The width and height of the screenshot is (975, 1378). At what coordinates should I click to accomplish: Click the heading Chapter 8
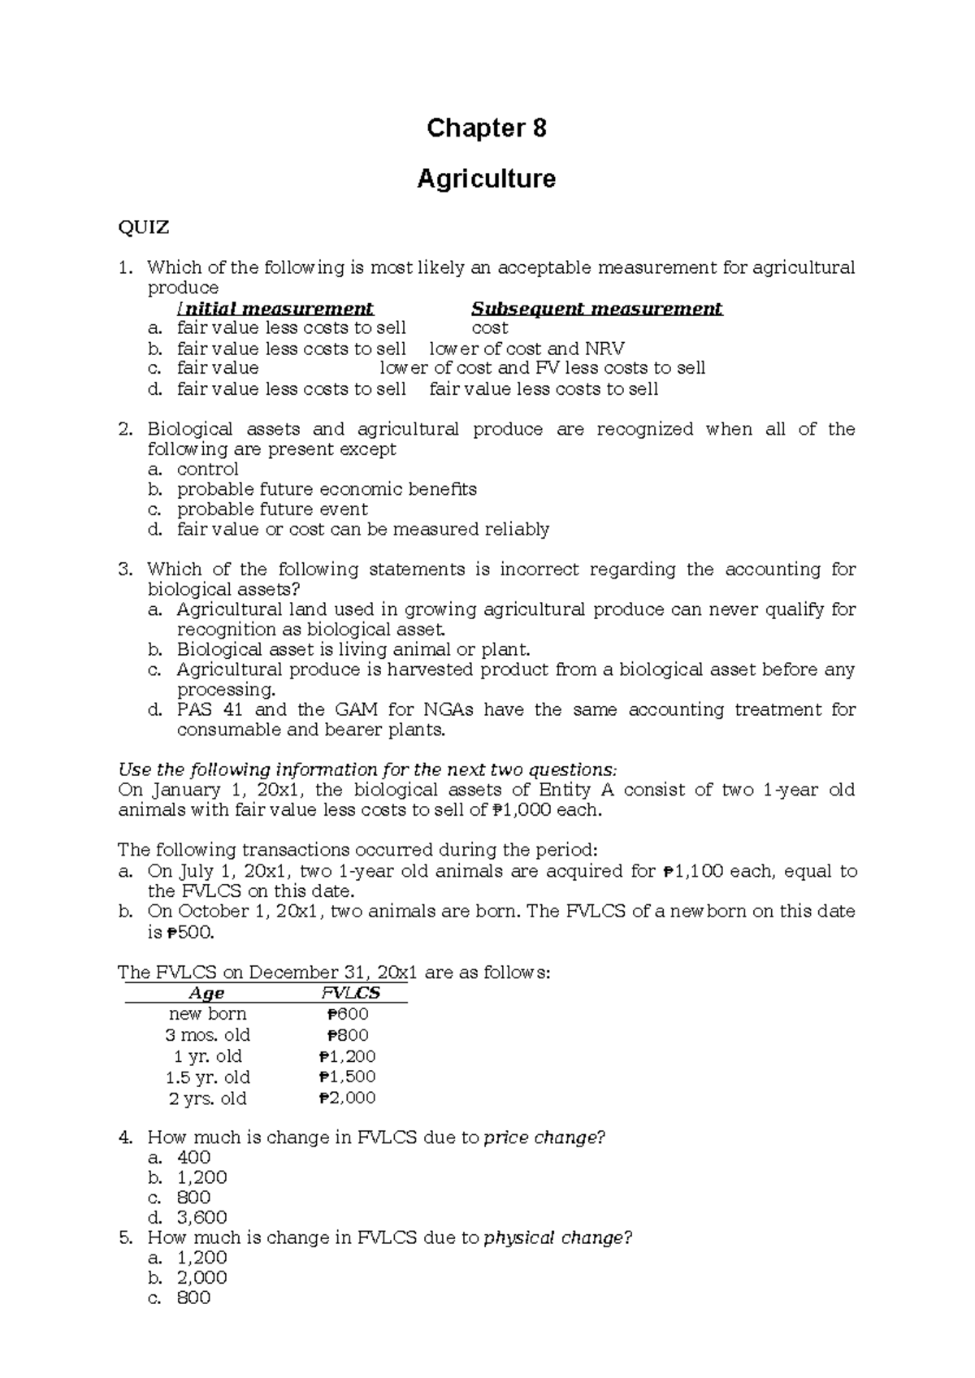pyautogui.click(x=486, y=128)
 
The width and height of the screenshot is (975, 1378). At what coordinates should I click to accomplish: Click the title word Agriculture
pyautogui.click(x=486, y=179)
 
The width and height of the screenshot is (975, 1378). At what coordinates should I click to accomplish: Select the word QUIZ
pyautogui.click(x=144, y=227)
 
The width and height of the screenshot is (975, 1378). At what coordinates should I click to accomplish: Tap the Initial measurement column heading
pyautogui.click(x=275, y=309)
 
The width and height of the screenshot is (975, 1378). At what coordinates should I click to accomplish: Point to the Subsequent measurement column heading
pyautogui.click(x=596, y=309)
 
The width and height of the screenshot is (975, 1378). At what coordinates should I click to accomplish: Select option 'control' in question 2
pyautogui.click(x=207, y=469)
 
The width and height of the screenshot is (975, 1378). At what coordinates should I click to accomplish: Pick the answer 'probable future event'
pyautogui.click(x=272, y=509)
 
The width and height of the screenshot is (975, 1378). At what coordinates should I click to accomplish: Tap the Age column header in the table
pyautogui.click(x=206, y=993)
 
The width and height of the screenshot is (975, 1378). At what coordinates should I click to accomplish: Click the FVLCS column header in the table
pyautogui.click(x=350, y=993)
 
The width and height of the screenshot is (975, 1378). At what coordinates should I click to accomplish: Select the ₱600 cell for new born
pyautogui.click(x=348, y=1014)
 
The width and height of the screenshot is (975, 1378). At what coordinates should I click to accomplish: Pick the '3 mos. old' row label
pyautogui.click(x=207, y=1035)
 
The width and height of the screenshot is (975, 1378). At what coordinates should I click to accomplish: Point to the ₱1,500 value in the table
pyautogui.click(x=348, y=1077)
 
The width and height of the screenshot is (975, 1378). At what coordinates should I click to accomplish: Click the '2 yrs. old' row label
pyautogui.click(x=207, y=1098)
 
